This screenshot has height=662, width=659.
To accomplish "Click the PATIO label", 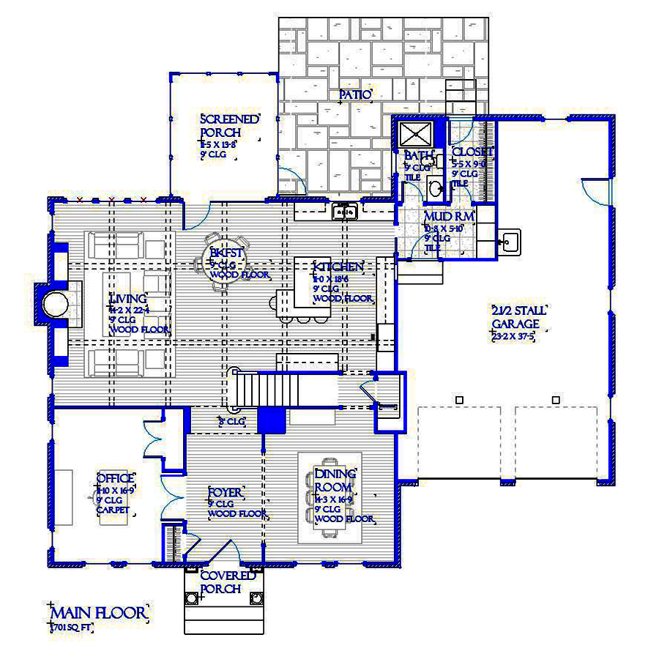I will coord(356,94).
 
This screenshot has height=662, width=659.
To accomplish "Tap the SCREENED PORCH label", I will coord(229,126).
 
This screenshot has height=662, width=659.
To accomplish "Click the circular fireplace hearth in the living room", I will coord(54,304).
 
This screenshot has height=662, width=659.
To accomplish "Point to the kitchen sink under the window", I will coord(344,212).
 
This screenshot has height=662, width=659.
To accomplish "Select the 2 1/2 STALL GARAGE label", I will coord(518,317).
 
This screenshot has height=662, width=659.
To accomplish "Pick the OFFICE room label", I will coord(115,479).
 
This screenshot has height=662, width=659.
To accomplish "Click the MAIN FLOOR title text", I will coord(98,612).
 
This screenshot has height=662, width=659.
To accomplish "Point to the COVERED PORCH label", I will coord(228,582).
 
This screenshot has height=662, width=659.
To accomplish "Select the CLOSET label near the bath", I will coord(472,152).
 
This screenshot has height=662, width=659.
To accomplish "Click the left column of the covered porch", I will coord(192,598).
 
